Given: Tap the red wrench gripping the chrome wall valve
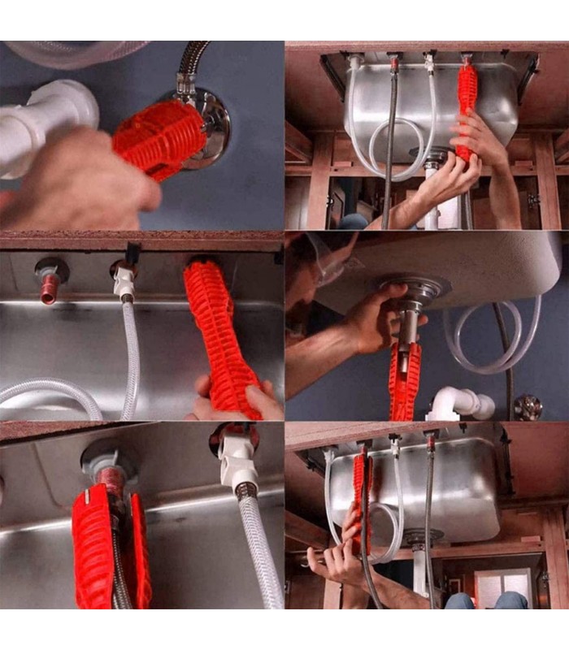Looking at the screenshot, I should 159,139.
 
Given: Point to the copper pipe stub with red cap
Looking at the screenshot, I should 51,286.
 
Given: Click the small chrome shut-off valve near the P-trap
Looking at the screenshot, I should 528,406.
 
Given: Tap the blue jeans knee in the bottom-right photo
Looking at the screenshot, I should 512,601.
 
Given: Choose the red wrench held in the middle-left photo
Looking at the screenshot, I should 218,333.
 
